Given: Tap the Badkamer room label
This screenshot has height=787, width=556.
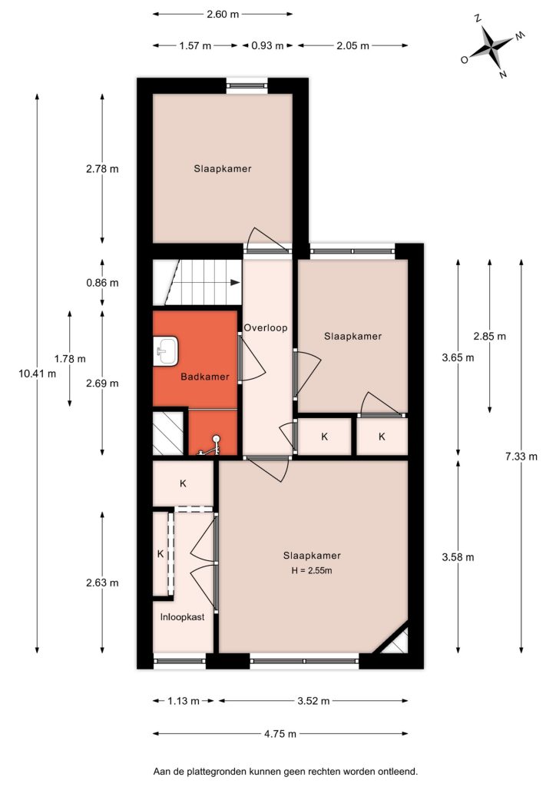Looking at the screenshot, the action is pos(205,377).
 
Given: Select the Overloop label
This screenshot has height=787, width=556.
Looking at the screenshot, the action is pos(266,328).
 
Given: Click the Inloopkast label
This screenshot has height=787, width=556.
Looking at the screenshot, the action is pos(183,617).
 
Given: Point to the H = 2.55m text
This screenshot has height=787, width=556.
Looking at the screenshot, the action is pos(312,571).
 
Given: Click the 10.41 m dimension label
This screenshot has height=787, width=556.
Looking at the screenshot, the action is pos(37,374).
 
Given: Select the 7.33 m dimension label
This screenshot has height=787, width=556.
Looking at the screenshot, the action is pos(521,457).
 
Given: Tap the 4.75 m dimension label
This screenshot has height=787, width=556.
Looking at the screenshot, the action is pos(280,734).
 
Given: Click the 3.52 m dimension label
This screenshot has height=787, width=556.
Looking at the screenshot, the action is pos(313,701).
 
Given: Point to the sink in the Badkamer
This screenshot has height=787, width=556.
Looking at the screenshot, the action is pos(165,350).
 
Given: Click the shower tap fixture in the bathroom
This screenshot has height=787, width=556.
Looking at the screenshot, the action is pos(210,447).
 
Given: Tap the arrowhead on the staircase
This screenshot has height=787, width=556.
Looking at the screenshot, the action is pos(235,283).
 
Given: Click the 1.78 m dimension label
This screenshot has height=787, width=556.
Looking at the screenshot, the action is pos(70,359).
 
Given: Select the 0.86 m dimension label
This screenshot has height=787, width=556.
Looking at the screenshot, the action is pos(102,283).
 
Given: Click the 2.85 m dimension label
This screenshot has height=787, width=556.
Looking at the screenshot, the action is pos(490,337).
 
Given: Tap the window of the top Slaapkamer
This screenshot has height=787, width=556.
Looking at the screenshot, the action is pos(247,85).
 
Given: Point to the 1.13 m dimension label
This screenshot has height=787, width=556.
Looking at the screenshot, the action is pos(184,701).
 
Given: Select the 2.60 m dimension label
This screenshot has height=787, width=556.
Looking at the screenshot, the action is pos(223,14).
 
